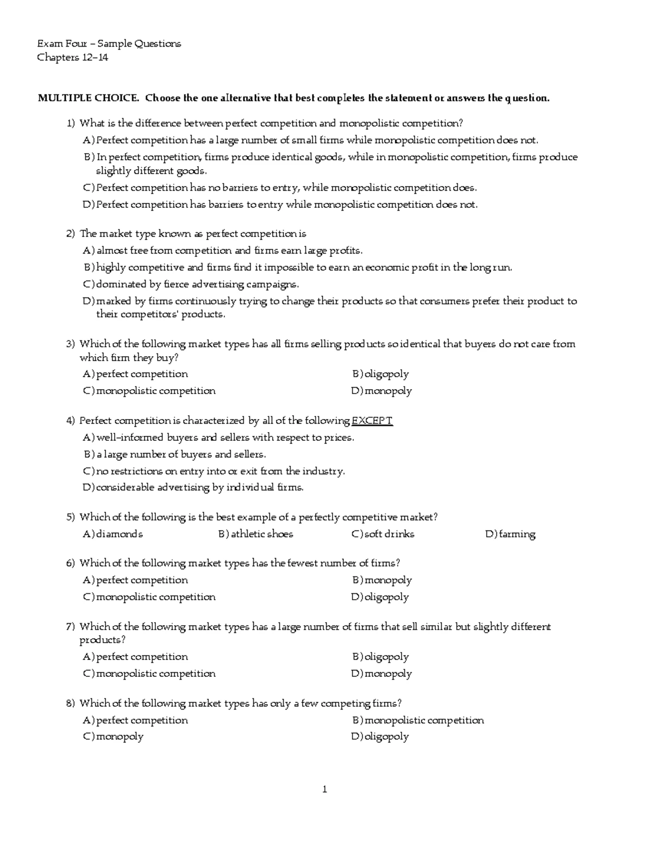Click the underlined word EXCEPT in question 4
(x=372, y=421)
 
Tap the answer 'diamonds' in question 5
(x=120, y=534)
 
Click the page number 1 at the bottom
(x=324, y=789)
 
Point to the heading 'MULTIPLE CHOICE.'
(x=88, y=98)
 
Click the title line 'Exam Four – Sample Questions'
(x=109, y=43)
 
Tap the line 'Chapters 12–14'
(x=72, y=58)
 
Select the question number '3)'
(x=70, y=344)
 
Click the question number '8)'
(x=70, y=703)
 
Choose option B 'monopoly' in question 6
(x=388, y=580)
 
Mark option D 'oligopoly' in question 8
(x=386, y=737)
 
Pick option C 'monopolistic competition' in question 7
(x=155, y=674)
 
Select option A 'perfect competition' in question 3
(x=142, y=374)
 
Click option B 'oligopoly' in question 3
(x=386, y=374)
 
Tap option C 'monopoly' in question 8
(x=120, y=737)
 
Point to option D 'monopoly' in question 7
(x=388, y=674)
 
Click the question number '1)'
(x=70, y=124)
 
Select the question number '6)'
(x=70, y=563)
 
